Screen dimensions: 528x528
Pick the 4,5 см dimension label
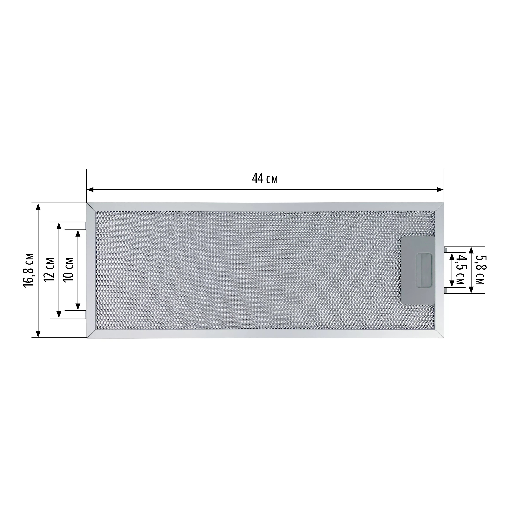pos(461,270)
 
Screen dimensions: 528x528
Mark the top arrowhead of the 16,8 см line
pos(38,207)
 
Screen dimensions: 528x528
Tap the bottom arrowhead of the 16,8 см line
pos(38,333)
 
